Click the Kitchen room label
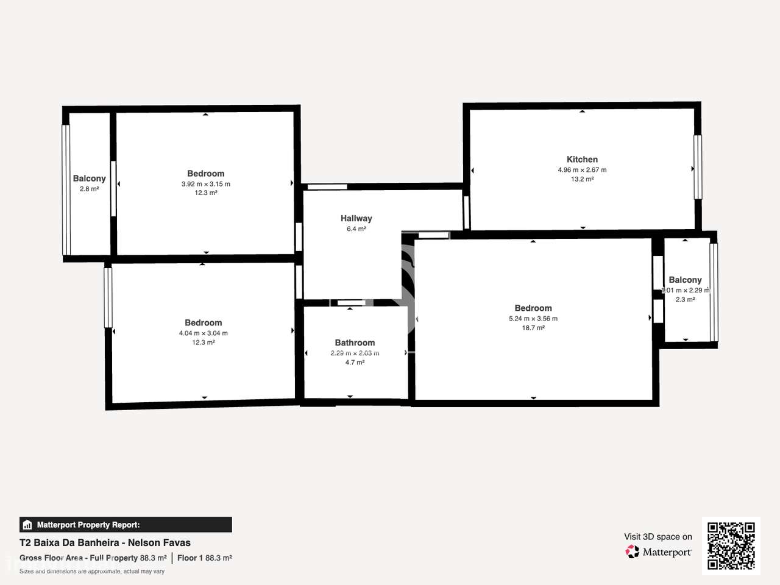582,160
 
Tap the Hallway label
356,218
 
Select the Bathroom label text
355,343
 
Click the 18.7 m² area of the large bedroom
533,328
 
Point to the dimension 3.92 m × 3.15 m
206,184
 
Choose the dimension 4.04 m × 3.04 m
204,333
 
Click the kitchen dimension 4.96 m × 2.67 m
582,170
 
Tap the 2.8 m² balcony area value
89,189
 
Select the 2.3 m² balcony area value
685,300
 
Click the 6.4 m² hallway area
356,229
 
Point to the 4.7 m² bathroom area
355,363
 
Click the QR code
731,545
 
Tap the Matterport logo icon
633,552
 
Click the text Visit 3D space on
658,537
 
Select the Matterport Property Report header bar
126,525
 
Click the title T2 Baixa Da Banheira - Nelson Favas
105,543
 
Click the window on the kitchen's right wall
698,167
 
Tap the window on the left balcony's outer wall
66,190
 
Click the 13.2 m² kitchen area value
582,179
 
